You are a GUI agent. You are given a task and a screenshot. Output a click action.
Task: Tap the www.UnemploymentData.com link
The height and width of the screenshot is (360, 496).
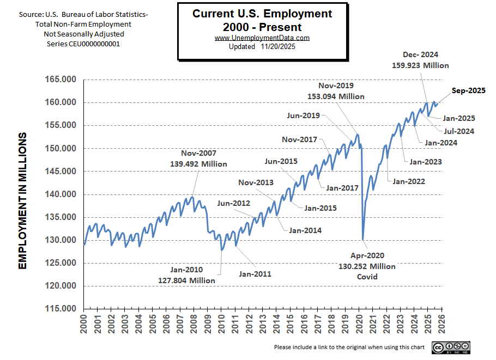point(262,38)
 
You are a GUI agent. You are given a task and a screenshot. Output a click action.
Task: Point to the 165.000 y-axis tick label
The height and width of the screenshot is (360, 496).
point(60,80)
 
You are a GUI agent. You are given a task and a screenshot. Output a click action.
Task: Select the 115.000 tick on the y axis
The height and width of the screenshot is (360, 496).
point(60,309)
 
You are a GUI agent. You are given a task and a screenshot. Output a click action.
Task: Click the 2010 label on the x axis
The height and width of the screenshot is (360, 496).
point(222,326)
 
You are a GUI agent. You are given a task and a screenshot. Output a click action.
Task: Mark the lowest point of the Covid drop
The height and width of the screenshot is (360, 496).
point(363,239)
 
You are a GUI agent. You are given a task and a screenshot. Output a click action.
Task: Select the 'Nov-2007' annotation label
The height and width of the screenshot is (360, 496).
point(198,154)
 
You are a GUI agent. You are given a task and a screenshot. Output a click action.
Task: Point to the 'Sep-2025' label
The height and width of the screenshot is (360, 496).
point(468,91)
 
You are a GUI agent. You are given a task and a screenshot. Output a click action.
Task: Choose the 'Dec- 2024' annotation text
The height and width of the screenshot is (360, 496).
point(420,54)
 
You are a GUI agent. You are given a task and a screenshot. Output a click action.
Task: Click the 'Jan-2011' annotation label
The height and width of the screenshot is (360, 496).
point(255,274)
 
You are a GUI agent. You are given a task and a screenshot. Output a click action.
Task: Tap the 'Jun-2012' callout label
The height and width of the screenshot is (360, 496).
point(233,204)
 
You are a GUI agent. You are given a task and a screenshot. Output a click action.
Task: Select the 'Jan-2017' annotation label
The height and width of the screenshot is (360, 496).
point(342,188)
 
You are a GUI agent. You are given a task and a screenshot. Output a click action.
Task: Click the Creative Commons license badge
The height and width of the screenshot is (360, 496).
point(451,347)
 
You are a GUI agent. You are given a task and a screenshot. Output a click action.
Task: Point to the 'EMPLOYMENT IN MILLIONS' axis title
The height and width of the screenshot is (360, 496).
point(23,200)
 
